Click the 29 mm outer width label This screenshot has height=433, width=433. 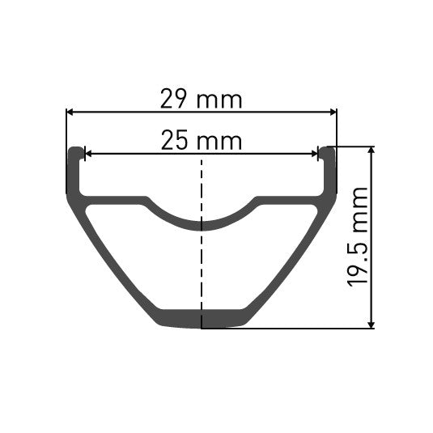click(x=202, y=100)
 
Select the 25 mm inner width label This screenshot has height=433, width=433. click(x=202, y=140)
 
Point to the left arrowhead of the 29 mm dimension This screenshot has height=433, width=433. click(x=70, y=113)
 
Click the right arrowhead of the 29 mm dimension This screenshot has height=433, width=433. click(x=332, y=113)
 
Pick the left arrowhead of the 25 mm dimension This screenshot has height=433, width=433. click(x=88, y=153)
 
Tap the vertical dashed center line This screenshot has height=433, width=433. click(x=201, y=267)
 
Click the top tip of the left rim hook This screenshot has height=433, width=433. click(x=75, y=149)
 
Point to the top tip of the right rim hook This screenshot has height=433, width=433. click(x=327, y=149)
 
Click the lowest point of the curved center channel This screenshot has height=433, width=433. click(x=201, y=224)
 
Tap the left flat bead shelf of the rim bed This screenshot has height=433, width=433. click(x=113, y=199)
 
